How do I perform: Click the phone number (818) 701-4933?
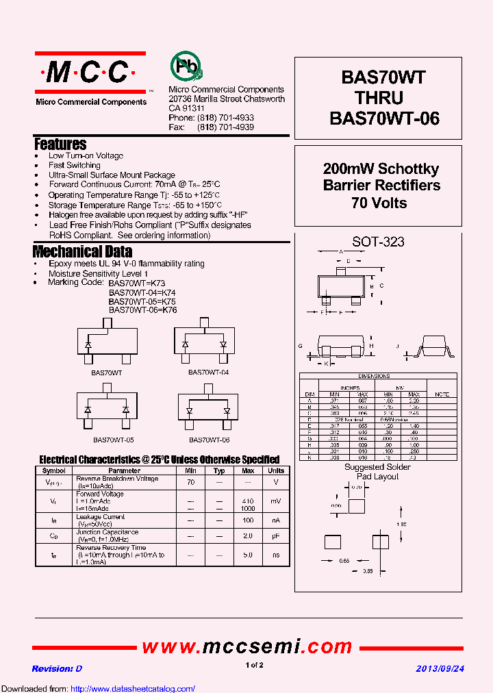click(225, 118)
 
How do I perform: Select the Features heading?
click(60, 144)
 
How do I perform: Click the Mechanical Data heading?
click(82, 251)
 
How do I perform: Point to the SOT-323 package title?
click(378, 242)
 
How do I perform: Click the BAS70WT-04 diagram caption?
click(209, 372)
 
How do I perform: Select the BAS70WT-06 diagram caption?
click(209, 440)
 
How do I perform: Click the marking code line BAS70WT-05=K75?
click(142, 301)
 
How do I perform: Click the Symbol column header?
click(53, 470)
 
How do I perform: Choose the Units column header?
click(276, 470)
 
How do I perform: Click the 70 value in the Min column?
click(190, 482)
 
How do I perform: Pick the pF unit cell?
click(276, 535)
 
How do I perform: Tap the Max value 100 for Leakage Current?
click(248, 520)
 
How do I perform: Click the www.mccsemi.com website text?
click(246, 646)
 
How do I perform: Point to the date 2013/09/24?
click(440, 668)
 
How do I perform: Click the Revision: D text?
click(57, 668)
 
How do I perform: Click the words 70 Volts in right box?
click(379, 203)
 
